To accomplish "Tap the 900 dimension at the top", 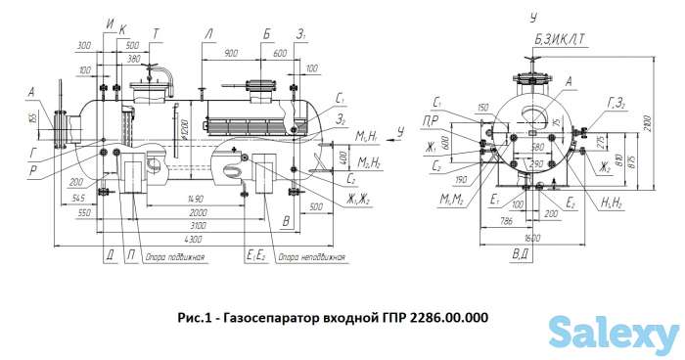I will [x=231, y=52].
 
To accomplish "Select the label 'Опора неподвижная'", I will [x=311, y=257].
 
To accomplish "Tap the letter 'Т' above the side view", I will [x=157, y=33].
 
